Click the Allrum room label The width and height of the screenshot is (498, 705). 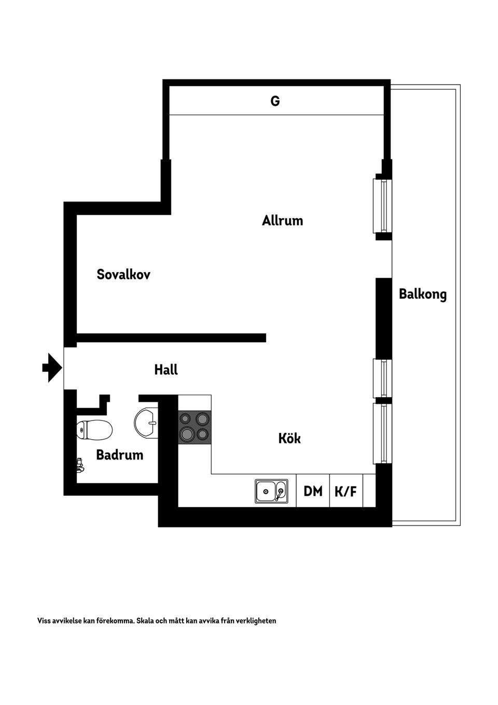click(282, 221)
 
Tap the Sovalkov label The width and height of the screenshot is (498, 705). click(123, 274)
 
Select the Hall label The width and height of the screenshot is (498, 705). click(166, 370)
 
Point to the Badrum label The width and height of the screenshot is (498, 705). click(119, 455)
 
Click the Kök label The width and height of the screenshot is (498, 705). click(289, 438)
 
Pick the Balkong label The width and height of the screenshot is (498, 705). click(422, 294)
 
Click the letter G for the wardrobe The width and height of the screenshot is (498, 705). click(275, 101)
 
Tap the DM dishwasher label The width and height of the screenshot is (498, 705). click(313, 491)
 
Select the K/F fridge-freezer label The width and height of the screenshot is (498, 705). click(346, 491)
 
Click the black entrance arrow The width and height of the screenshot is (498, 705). click(52, 368)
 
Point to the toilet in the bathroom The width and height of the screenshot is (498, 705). click(94, 430)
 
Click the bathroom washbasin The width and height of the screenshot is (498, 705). click(146, 423)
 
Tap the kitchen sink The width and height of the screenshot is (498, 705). click(271, 491)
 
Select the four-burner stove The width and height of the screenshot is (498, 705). click(195, 426)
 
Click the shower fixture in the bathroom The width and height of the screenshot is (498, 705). click(80, 465)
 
